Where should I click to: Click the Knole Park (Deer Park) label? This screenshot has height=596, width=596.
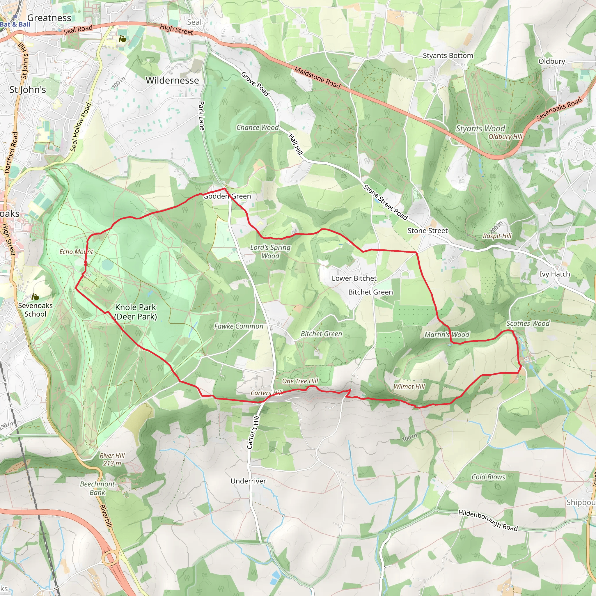(x=135, y=312)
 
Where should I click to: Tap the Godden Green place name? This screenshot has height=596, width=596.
(x=227, y=196)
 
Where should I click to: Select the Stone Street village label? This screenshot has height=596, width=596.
(x=427, y=231)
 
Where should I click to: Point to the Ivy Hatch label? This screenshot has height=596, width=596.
(x=554, y=274)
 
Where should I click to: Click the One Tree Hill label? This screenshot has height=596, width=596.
(x=300, y=381)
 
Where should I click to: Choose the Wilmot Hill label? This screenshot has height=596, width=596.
(x=409, y=386)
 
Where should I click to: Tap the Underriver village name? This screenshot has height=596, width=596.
(x=248, y=481)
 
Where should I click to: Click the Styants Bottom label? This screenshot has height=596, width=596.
(x=448, y=56)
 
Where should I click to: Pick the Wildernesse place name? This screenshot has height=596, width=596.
(x=172, y=81)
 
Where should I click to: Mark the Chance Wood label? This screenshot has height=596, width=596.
(x=257, y=127)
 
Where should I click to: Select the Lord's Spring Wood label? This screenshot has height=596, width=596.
(x=270, y=251)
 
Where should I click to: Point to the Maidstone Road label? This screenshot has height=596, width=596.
(x=317, y=78)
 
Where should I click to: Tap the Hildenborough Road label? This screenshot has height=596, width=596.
(x=488, y=520)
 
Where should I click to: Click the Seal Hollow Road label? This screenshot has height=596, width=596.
(x=81, y=127)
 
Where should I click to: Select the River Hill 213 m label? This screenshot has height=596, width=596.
(x=112, y=459)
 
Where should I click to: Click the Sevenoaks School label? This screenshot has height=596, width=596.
(x=35, y=309)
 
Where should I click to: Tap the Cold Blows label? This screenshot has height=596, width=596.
(x=488, y=477)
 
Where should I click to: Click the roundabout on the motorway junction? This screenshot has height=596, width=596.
(x=110, y=558)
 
